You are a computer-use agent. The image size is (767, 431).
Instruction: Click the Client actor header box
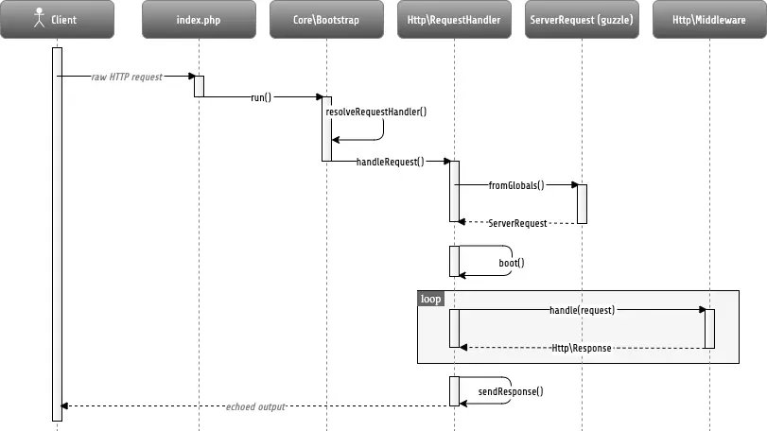coord(57,19)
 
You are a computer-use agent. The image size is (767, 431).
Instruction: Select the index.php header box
coord(199,19)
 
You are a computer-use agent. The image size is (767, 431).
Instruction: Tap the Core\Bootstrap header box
coord(326,19)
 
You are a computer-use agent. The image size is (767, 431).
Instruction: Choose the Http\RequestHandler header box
coord(454,19)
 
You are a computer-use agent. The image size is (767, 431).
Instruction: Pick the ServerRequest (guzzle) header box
coord(582,19)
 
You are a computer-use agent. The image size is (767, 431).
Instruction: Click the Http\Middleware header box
coord(709,19)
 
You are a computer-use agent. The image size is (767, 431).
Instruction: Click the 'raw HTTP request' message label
coord(128,77)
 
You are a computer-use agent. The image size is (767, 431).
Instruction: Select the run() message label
coord(261,97)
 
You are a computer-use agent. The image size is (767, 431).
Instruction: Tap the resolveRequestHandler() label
coord(376,112)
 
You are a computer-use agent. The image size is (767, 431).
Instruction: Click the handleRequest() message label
coord(390,162)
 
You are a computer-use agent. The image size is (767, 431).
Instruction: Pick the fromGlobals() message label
coord(516,185)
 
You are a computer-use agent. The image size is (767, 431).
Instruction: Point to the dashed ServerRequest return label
coord(517,223)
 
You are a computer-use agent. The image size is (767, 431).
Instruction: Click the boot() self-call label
coord(511,263)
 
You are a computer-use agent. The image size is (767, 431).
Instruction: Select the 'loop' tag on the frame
coord(430,299)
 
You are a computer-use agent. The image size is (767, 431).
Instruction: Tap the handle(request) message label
coord(582,310)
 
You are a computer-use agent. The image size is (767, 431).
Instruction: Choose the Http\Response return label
coord(582,348)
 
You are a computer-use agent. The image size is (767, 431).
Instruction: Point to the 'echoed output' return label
coord(255,406)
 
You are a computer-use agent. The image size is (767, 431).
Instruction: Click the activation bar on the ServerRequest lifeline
coord(582,203)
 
